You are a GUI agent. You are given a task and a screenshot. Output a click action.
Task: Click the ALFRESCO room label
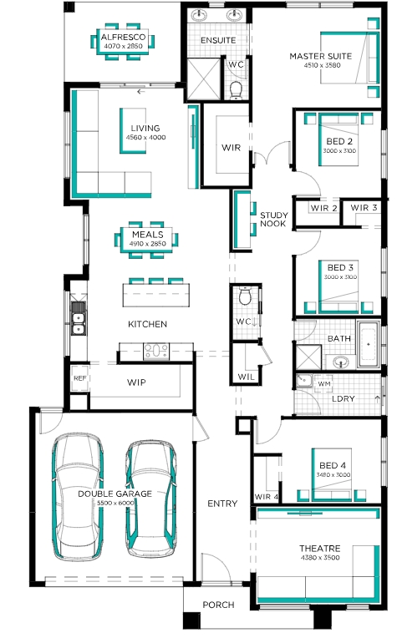pos(123,37)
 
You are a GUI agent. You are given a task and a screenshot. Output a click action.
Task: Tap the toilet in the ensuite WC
pos(236,90)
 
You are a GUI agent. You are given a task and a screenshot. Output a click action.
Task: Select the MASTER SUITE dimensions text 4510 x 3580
pos(322,65)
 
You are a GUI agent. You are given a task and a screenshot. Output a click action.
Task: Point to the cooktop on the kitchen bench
pos(156,351)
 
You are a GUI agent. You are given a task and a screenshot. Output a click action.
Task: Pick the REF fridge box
pos(79,378)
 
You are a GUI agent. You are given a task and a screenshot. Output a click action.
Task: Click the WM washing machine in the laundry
pos(323,383)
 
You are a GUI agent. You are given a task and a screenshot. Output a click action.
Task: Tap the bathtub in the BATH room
pos(369,344)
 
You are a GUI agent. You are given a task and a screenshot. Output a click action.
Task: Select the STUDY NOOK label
pos(273,220)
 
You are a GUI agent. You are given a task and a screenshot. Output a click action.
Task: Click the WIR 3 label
pos(364,208)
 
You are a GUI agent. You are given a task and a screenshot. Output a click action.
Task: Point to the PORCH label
pos(218,605)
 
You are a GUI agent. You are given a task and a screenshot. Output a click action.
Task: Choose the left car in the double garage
pos(78,496)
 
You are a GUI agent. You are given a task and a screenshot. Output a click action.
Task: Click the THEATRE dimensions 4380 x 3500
pos(319,558)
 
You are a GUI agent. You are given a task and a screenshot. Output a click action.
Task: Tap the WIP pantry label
pos(136,382)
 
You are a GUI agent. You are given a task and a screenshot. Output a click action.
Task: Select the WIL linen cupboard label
pos(246,377)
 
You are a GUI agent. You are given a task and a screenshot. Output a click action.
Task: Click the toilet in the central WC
pos(245,296)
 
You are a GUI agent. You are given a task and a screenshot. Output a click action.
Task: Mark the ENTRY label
pos(222,504)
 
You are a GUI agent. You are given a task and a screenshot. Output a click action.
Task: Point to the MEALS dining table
pos(147,240)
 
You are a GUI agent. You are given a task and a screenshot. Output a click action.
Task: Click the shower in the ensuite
pos(204,78)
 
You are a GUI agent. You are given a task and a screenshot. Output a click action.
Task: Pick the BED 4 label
pos(333,465)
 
